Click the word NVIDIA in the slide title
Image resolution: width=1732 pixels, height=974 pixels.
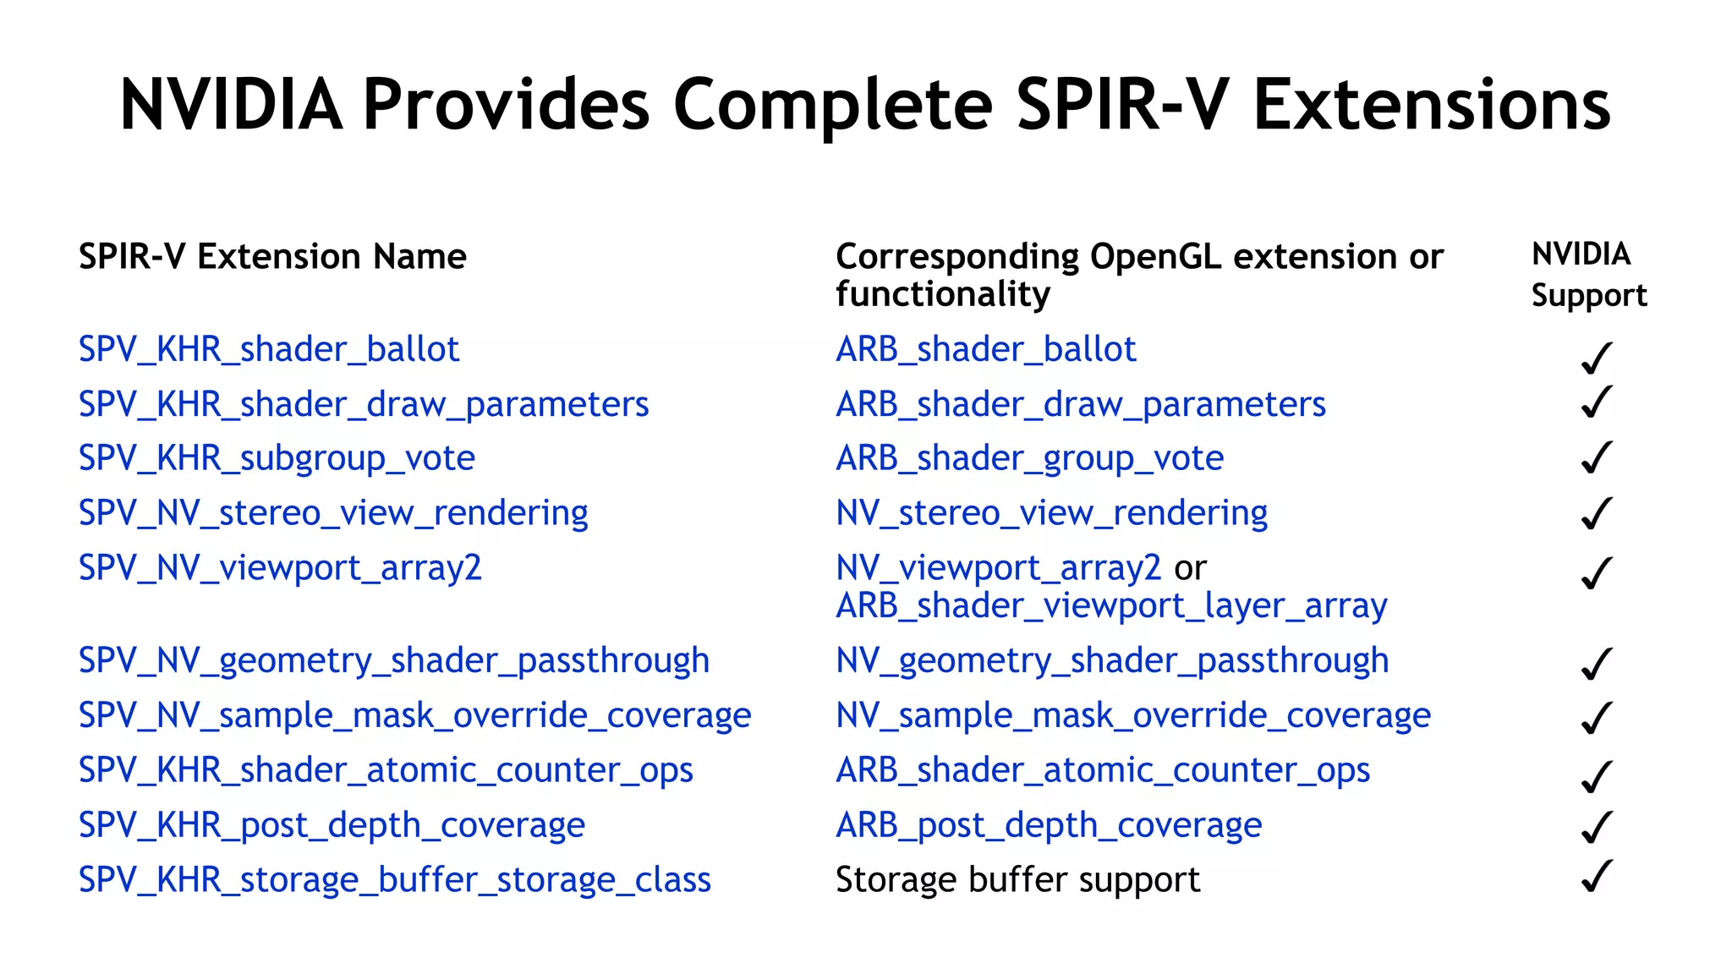(231, 105)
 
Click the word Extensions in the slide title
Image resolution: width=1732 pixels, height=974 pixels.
(1431, 105)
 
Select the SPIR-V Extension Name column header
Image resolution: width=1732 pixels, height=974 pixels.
(272, 256)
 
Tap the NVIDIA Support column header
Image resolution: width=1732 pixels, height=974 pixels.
(1588, 274)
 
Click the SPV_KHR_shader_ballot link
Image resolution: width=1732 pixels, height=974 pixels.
(269, 349)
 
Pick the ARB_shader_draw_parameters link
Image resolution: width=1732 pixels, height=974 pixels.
(1080, 404)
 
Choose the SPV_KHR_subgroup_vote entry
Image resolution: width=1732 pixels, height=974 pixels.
(277, 458)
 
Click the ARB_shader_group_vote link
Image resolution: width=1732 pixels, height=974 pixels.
(1029, 458)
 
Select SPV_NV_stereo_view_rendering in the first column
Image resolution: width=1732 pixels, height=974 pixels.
(333, 513)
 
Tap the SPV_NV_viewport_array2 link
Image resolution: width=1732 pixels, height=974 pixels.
(280, 567)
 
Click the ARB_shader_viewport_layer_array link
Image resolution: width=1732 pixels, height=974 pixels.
(1111, 606)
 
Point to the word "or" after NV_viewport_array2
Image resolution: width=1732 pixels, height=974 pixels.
(1190, 568)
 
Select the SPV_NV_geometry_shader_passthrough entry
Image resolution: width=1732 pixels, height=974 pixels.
(393, 660)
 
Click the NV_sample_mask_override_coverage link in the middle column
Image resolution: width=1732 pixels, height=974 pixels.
(1133, 715)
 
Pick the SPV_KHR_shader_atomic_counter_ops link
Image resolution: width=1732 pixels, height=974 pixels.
(386, 770)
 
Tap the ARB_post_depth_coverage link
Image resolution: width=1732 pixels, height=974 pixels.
(1049, 825)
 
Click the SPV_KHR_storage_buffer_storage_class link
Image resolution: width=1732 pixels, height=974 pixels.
(394, 880)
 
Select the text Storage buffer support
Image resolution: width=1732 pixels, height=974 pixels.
(1017, 880)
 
